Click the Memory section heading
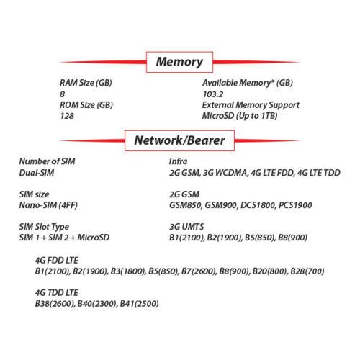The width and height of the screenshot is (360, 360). [179, 62]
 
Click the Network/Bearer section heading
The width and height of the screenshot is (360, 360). [179, 140]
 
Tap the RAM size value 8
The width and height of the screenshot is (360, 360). [62, 94]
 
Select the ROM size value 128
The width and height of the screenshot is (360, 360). [67, 116]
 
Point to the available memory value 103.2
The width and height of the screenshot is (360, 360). [213, 94]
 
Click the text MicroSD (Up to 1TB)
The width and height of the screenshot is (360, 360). [240, 116]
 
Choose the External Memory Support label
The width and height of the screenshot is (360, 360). [251, 105]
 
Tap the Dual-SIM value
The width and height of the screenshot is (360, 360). [37, 173]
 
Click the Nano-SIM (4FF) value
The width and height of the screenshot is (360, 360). [48, 205]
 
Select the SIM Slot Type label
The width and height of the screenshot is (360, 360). [44, 227]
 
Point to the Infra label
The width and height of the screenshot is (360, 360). [178, 161]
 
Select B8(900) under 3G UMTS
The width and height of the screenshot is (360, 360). [292, 238]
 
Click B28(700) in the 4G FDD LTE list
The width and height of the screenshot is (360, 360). [307, 271]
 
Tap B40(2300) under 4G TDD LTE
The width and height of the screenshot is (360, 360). [97, 304]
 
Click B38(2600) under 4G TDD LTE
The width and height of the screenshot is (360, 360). [55, 304]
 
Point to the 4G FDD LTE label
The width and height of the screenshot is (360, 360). [57, 261]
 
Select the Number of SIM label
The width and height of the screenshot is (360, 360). [47, 161]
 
